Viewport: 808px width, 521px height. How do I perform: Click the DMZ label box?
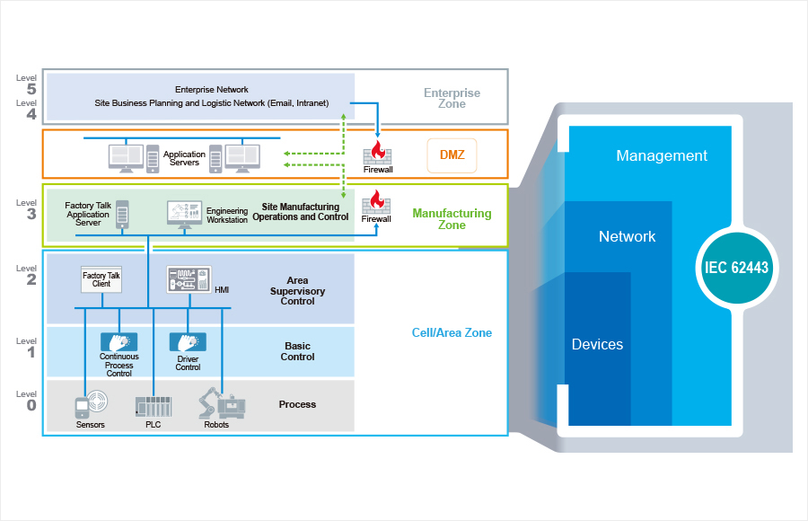tap(452, 155)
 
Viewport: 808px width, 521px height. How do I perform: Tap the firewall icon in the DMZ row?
tap(377, 153)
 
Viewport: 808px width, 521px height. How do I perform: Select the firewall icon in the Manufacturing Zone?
tap(376, 202)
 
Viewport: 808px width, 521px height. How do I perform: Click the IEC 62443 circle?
tap(736, 268)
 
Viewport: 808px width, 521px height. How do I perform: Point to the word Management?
tap(662, 155)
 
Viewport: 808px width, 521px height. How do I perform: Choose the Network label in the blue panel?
tap(628, 236)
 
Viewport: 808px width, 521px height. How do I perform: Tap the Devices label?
tap(597, 344)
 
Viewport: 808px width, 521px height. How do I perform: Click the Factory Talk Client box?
tap(101, 279)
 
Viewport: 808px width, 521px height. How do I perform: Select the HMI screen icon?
tap(189, 279)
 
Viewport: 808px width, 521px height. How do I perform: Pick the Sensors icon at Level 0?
tap(92, 404)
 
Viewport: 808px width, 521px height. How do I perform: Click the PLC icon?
tap(153, 407)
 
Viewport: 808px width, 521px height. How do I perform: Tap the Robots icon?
tap(222, 402)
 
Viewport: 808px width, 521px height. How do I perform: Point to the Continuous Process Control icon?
tap(119, 342)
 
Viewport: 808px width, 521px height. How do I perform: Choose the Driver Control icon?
tap(189, 342)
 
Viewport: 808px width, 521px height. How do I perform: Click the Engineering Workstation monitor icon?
tap(184, 215)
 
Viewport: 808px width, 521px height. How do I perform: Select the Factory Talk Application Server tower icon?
tap(122, 214)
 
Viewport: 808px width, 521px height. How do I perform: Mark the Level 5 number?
tap(31, 89)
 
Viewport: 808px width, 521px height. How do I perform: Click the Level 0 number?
tap(31, 405)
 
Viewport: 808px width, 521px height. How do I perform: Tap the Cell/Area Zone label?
tap(452, 332)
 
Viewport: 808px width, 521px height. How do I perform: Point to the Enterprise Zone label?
tap(452, 98)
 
